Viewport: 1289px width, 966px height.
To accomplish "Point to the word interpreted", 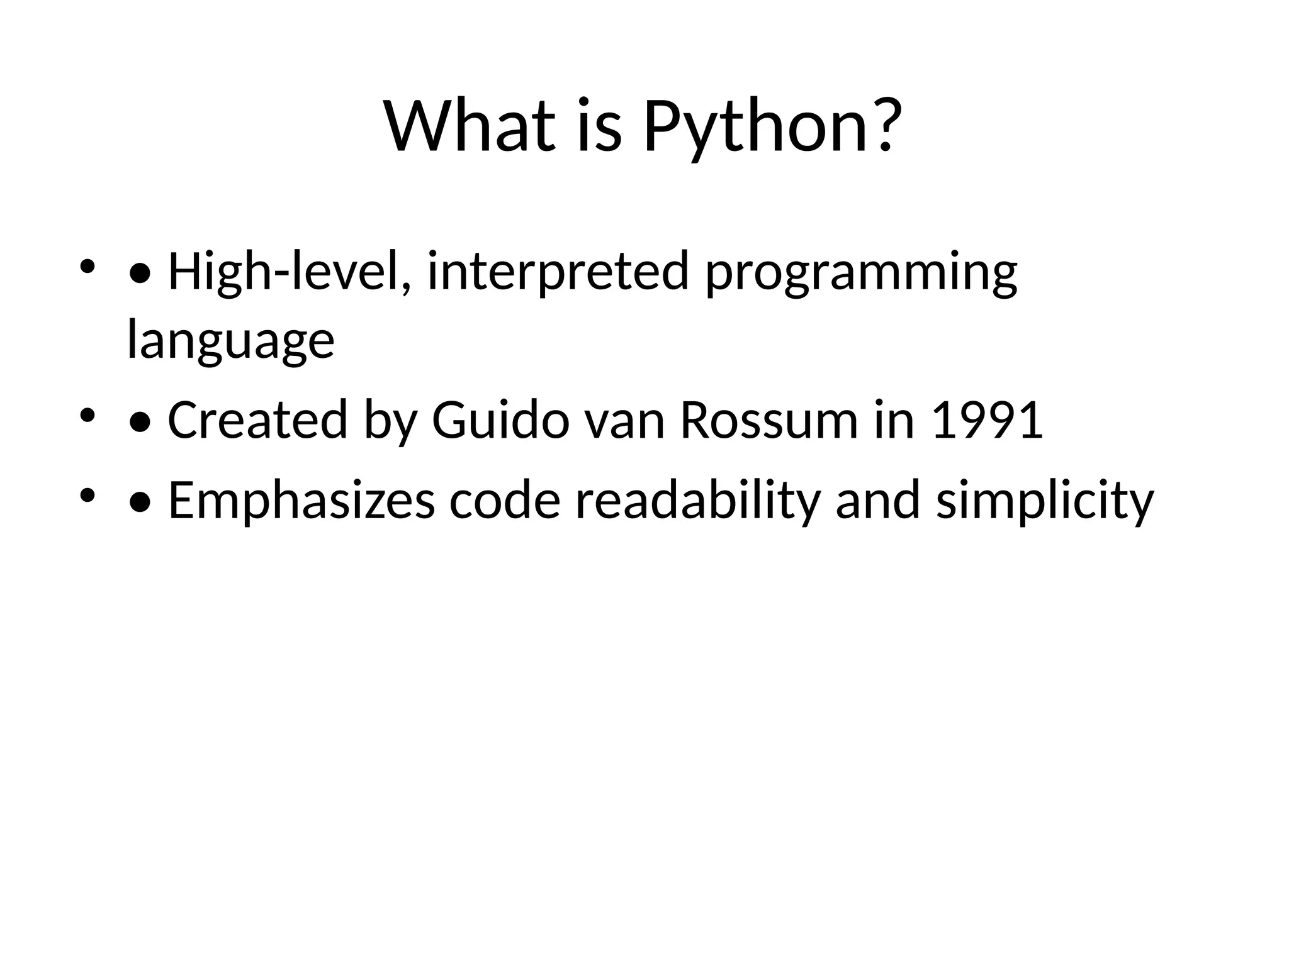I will pos(558,272).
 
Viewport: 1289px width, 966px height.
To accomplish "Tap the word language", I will pos(230,341).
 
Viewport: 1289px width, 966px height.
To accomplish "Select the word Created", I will pos(257,420).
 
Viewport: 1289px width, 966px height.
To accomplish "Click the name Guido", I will pos(500,420).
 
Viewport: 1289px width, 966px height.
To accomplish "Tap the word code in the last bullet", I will pos(504,501).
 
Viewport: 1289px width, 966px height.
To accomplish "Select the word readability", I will pos(698,501).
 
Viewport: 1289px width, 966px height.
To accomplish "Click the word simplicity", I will pos(1045,502).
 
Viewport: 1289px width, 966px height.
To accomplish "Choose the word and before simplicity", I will pos(878,501).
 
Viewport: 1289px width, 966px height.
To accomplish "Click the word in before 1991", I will pos(894,420).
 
